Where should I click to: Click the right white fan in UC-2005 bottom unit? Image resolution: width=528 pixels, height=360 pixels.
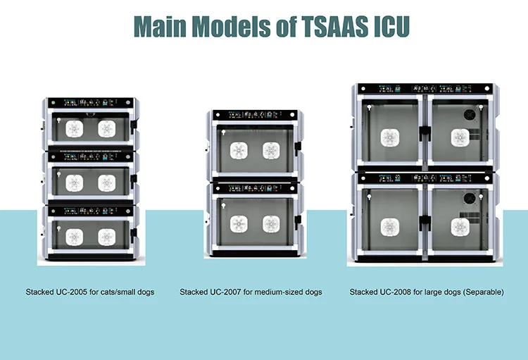106,236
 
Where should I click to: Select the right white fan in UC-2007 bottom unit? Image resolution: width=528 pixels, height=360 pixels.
271,224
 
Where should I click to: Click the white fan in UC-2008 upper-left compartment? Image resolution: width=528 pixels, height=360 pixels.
391,137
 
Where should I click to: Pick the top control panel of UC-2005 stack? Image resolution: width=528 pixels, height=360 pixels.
89,101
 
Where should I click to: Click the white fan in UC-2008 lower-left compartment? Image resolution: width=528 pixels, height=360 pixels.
391,225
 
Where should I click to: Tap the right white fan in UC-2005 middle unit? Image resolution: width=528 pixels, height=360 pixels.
106,182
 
